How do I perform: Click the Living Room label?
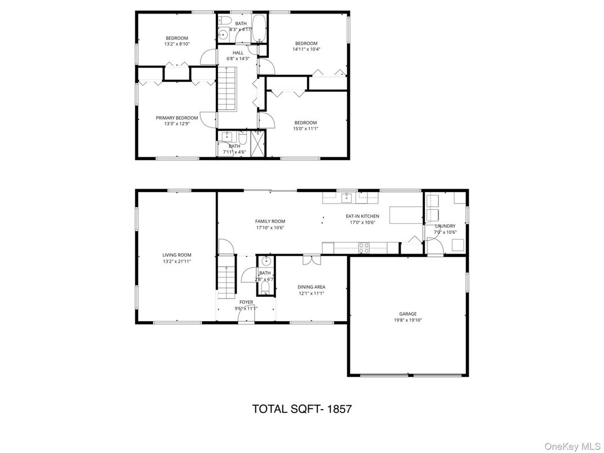tap(177, 255)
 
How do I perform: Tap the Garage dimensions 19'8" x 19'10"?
tap(408, 320)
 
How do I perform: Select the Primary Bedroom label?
tap(177, 118)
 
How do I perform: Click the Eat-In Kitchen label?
tap(362, 216)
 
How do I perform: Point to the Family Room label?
tap(270, 221)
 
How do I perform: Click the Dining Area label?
tap(311, 287)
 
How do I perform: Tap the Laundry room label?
tap(445, 226)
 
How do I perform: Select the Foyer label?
tap(246, 302)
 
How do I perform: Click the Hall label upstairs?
tap(238, 52)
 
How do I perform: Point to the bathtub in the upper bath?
tap(260, 28)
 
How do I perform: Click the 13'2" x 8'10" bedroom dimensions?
tap(177, 44)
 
